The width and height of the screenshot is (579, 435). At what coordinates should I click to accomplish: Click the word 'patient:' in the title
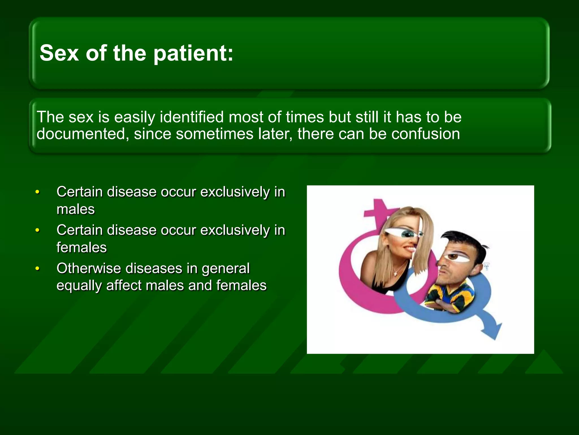[193, 54]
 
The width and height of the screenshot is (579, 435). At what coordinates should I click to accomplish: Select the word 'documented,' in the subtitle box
[81, 134]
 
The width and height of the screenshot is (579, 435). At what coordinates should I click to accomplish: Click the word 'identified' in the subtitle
[192, 117]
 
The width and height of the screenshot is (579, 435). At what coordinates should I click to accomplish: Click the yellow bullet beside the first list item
[37, 192]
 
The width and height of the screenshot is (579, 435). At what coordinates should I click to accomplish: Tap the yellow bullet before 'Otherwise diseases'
[37, 269]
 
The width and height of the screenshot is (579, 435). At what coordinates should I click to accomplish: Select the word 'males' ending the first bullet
[75, 210]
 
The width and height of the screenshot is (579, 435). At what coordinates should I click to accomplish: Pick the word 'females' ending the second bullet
[81, 248]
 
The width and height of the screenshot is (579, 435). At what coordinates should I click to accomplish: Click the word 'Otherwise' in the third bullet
[88, 268]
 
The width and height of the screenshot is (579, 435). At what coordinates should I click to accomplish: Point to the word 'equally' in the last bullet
[79, 285]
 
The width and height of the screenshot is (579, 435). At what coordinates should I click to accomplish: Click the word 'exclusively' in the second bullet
[235, 230]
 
